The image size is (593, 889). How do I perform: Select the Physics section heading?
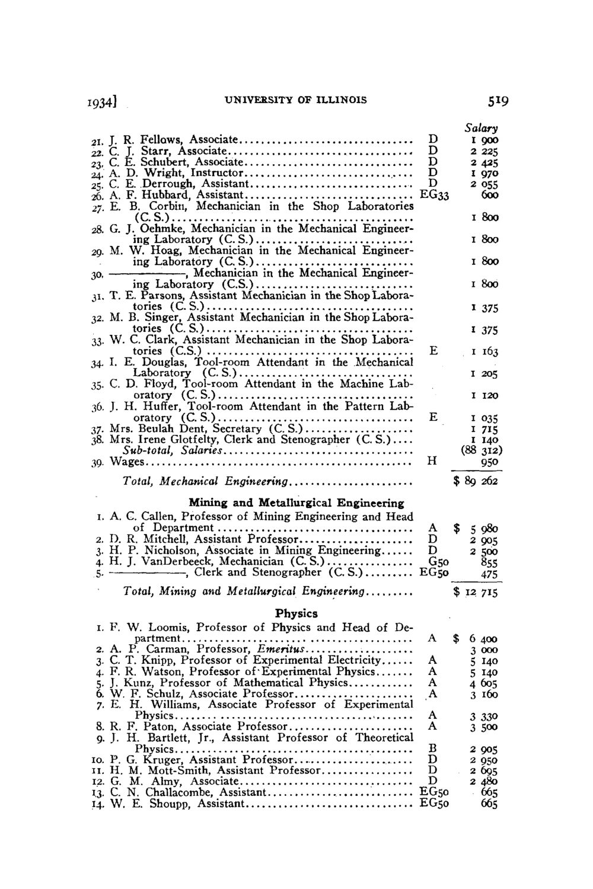coord(296,613)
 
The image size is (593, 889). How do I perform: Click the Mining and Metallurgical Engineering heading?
coord(296,503)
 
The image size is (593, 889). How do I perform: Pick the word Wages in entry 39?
coord(127,461)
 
